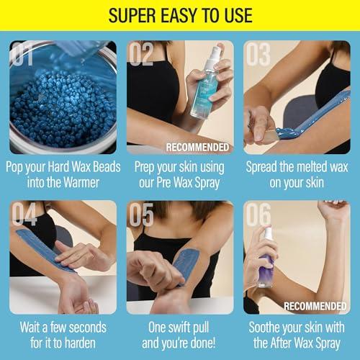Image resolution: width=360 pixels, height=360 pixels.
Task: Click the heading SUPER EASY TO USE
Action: pyautogui.click(x=179, y=15)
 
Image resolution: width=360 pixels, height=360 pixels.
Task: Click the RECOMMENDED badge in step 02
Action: pyautogui.click(x=198, y=147)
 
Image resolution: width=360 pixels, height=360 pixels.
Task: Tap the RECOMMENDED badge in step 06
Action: pyautogui.click(x=315, y=306)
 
